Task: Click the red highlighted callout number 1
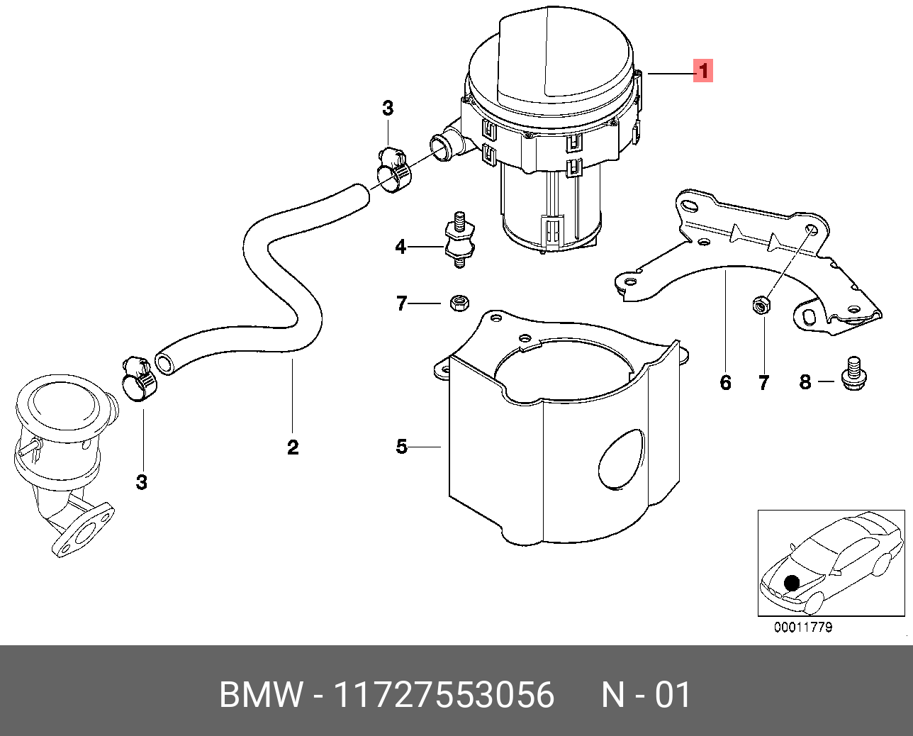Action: (702, 71)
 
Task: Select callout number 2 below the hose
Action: (293, 447)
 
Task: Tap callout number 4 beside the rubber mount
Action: (401, 247)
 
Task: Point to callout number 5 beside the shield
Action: (401, 447)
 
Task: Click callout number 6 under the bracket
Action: (724, 383)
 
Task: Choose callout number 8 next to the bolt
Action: (805, 382)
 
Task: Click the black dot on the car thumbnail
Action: (792, 584)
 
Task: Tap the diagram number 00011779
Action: (802, 628)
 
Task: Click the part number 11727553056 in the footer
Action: (444, 695)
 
